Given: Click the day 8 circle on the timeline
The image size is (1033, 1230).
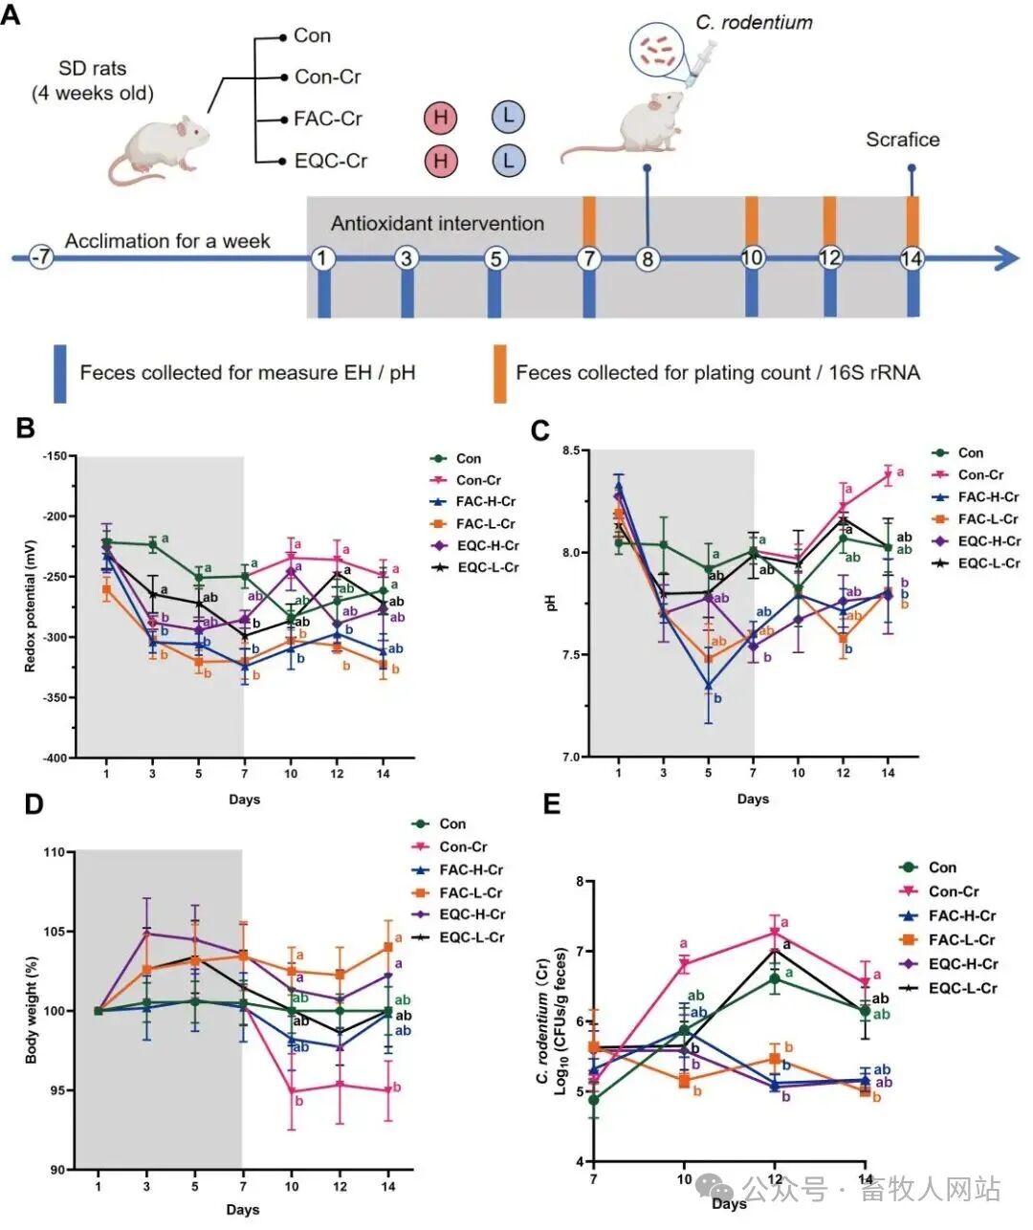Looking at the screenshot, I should [x=648, y=258].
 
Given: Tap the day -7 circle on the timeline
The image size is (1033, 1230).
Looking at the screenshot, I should [x=40, y=258].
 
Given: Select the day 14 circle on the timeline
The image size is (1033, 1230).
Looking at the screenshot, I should [x=912, y=258].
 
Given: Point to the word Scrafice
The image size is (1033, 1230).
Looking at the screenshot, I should [x=902, y=140].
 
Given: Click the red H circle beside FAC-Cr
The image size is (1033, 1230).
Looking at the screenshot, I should [x=441, y=119].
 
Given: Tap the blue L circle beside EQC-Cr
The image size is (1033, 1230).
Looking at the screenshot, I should [x=508, y=160].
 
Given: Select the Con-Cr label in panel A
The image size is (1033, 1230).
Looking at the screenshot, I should [x=327, y=77].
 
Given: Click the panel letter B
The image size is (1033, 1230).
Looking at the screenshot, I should [x=26, y=428].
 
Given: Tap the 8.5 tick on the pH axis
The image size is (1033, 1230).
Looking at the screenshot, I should [x=571, y=450].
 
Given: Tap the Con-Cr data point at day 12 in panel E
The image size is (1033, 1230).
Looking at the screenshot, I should [x=775, y=931].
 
